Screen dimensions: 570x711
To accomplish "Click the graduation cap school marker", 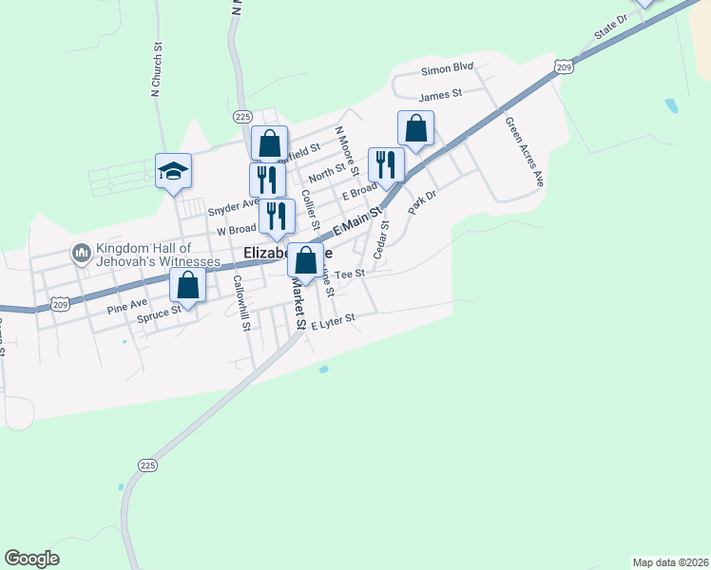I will [173, 171].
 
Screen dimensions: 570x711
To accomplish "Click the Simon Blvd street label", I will [446, 68].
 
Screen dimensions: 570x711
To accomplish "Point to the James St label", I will [439, 93].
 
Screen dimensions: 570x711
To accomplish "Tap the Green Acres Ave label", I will [523, 152].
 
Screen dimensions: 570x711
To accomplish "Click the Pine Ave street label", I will [127, 306].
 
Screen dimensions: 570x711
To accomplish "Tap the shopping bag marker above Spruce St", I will [188, 285].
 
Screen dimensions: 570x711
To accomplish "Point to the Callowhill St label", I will [240, 303].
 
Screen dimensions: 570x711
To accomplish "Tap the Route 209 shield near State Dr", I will [565, 66].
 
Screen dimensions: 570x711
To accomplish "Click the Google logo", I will [31, 559].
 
